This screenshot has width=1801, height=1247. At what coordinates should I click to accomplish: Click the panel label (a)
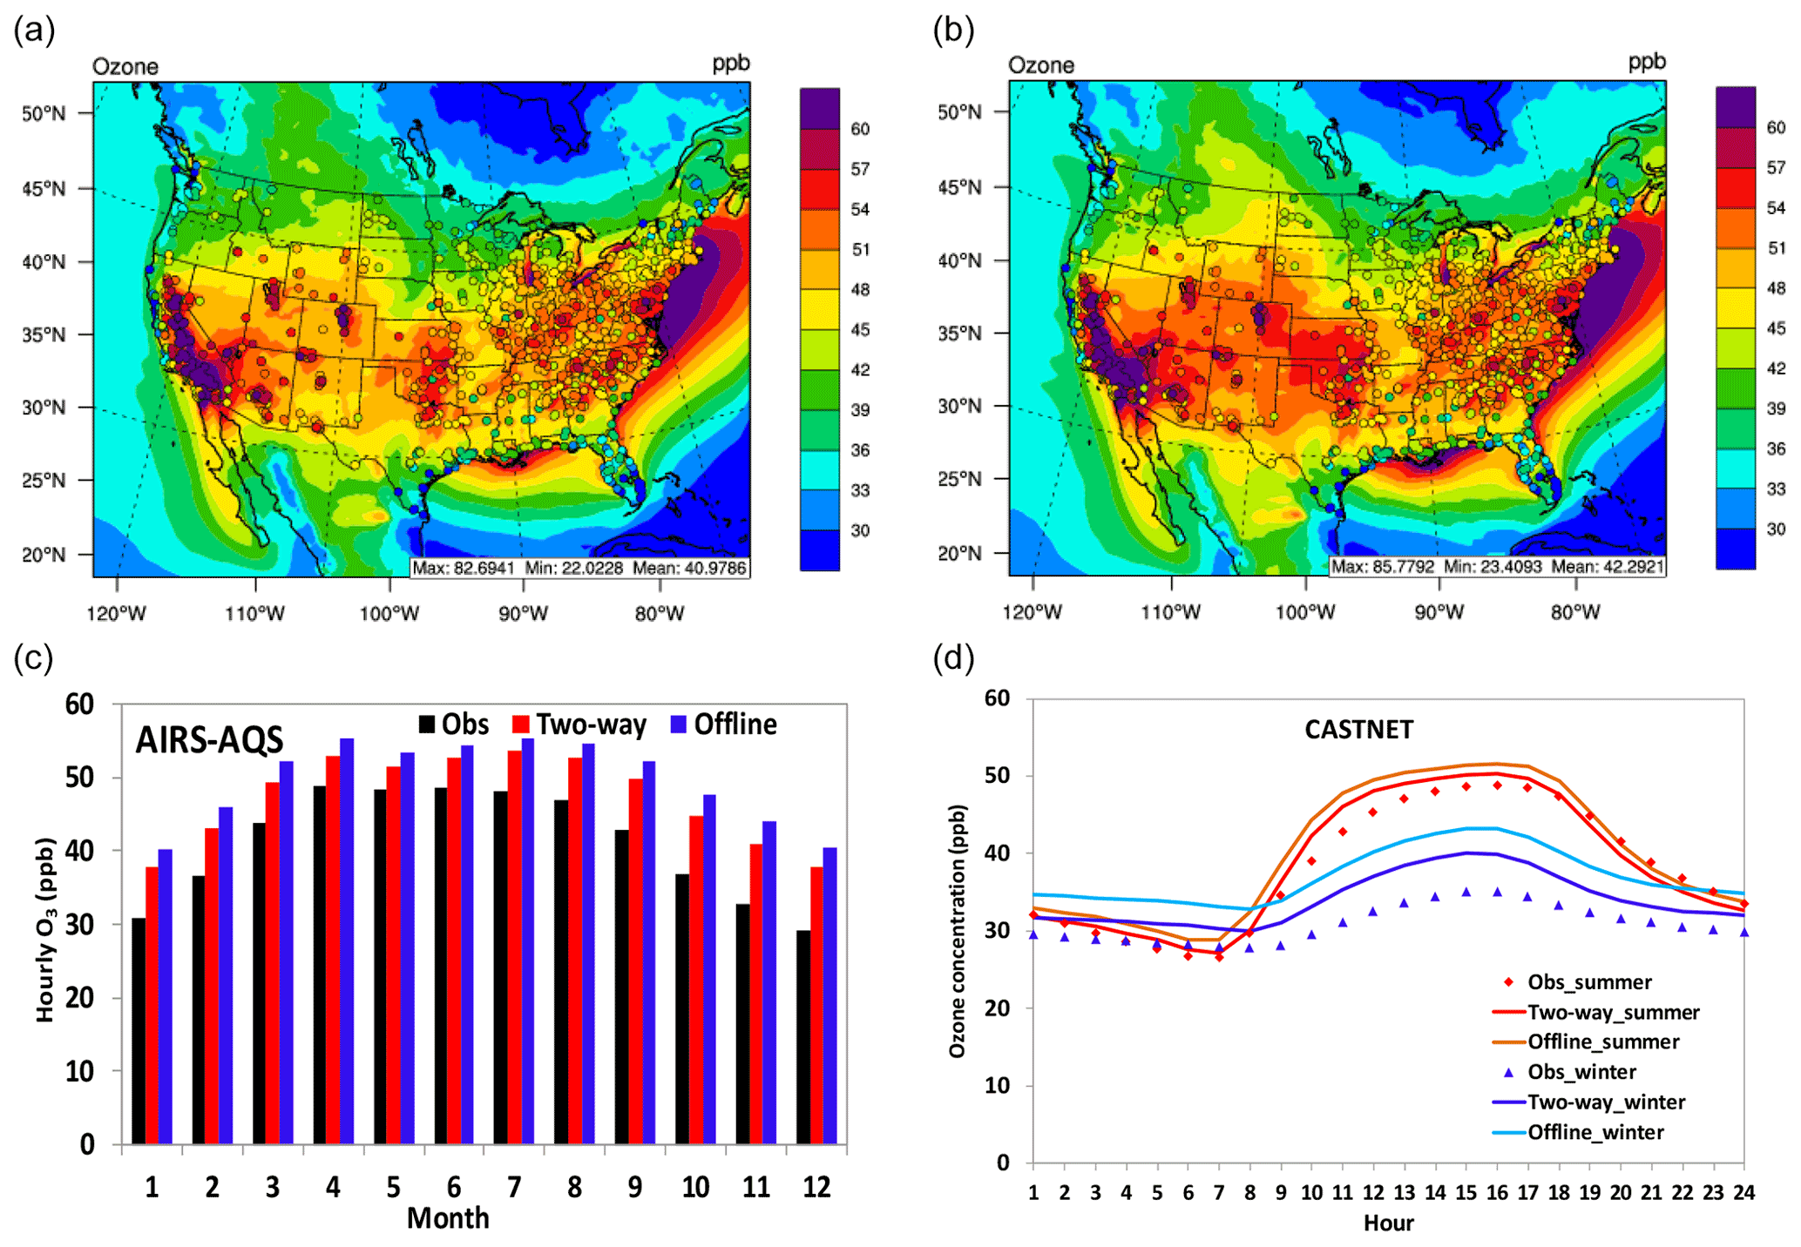point(35,30)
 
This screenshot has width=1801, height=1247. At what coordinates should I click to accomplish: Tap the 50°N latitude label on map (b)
point(959,112)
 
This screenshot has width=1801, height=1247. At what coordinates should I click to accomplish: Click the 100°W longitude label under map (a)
point(389,614)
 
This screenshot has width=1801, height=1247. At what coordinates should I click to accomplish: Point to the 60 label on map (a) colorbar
point(860,129)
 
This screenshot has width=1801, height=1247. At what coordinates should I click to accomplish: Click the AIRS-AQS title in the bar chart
point(209,740)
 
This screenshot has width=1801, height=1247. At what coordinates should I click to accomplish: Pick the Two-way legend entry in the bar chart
point(579,725)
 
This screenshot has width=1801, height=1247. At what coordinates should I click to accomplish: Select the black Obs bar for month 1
point(139,1031)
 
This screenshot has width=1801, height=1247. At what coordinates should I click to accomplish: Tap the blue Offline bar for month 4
point(347,941)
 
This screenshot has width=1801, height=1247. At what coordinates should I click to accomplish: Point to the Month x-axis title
point(448,1217)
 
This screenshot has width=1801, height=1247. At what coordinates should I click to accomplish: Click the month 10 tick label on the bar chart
point(695,1186)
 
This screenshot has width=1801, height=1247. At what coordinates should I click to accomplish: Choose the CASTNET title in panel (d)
point(1358,730)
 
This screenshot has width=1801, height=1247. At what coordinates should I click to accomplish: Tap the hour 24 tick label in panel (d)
point(1743,1193)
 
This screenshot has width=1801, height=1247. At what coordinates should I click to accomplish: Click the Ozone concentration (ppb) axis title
point(958,931)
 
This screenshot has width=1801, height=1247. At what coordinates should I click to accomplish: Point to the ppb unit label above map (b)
point(1647,61)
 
